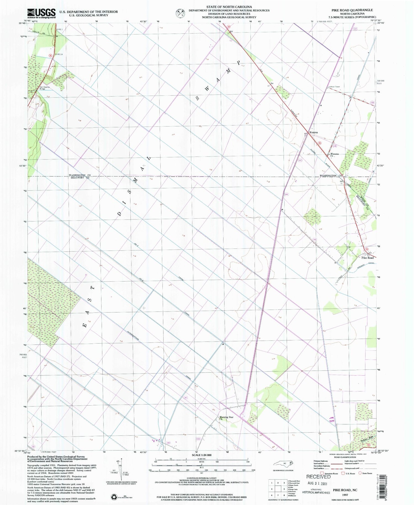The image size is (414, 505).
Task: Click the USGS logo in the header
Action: point(41,13)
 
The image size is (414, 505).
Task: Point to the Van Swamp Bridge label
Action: point(38,88)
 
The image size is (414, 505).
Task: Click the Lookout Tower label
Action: point(334,87)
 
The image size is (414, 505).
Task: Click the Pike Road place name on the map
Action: point(367,258)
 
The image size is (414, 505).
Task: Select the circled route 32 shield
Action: point(51,55)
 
